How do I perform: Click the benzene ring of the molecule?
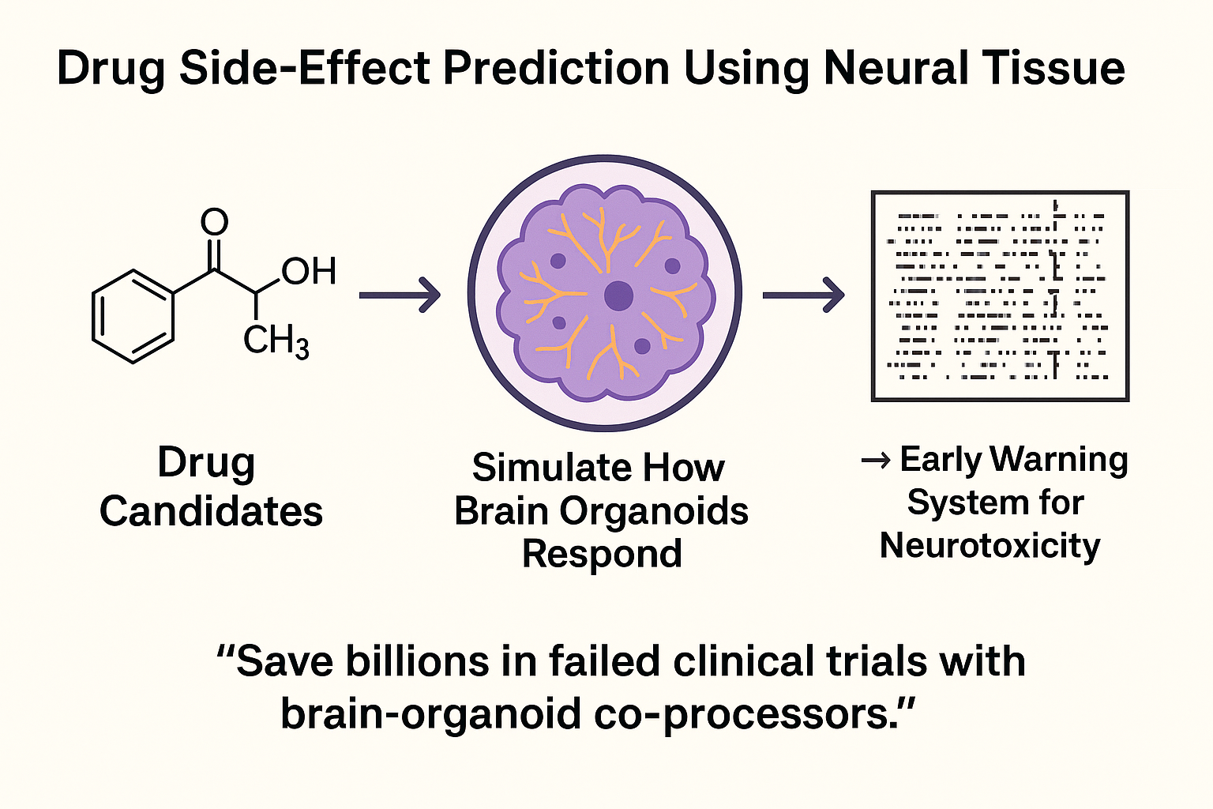point(132,316)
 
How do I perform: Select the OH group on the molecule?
point(309,272)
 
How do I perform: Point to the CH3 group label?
point(276,341)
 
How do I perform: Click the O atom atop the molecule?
point(214,223)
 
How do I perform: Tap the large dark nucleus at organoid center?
point(618,296)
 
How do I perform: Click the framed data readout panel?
point(1000,295)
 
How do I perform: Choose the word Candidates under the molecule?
point(211,511)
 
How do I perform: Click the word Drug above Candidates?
point(206,462)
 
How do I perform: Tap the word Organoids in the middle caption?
point(654,511)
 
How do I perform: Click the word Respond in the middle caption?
point(602,554)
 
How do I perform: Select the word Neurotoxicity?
point(990,545)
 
